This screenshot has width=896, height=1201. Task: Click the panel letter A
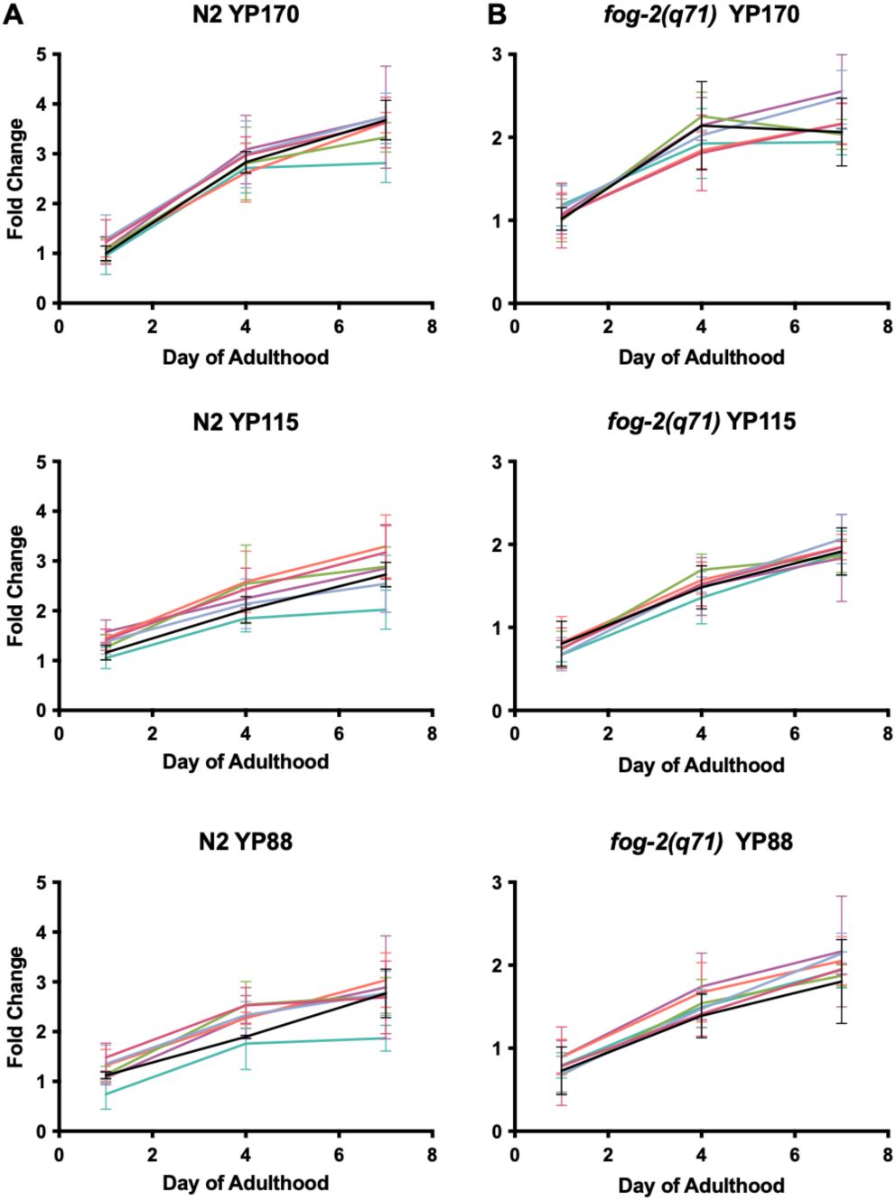[x=13, y=14]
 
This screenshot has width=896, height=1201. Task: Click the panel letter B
[x=496, y=14]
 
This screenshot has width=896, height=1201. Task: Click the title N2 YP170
[x=246, y=14]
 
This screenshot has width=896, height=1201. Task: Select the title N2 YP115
[x=246, y=422]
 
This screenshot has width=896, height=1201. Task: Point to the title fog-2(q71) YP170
[x=702, y=14]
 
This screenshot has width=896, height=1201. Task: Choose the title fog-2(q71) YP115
[x=702, y=422]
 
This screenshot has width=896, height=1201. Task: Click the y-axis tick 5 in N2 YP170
[x=41, y=54]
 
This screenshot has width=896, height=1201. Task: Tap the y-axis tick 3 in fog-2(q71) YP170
[x=496, y=54]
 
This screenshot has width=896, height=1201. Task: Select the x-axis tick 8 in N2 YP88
[x=432, y=1152]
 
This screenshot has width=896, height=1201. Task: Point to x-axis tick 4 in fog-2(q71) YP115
[x=702, y=732]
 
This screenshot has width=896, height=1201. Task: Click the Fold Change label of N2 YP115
[x=16, y=585]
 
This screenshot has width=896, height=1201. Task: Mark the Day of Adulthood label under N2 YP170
[x=246, y=357]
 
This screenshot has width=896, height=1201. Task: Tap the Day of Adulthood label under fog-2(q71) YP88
[x=702, y=1185]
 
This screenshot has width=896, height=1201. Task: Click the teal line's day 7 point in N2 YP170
[x=386, y=163]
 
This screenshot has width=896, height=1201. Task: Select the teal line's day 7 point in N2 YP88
[x=386, y=1038]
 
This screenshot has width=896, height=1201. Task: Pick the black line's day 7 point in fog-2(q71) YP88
[x=842, y=981]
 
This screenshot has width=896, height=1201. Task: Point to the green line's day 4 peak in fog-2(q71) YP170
[x=702, y=116]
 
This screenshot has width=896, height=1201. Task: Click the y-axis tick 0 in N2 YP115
[x=41, y=711]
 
